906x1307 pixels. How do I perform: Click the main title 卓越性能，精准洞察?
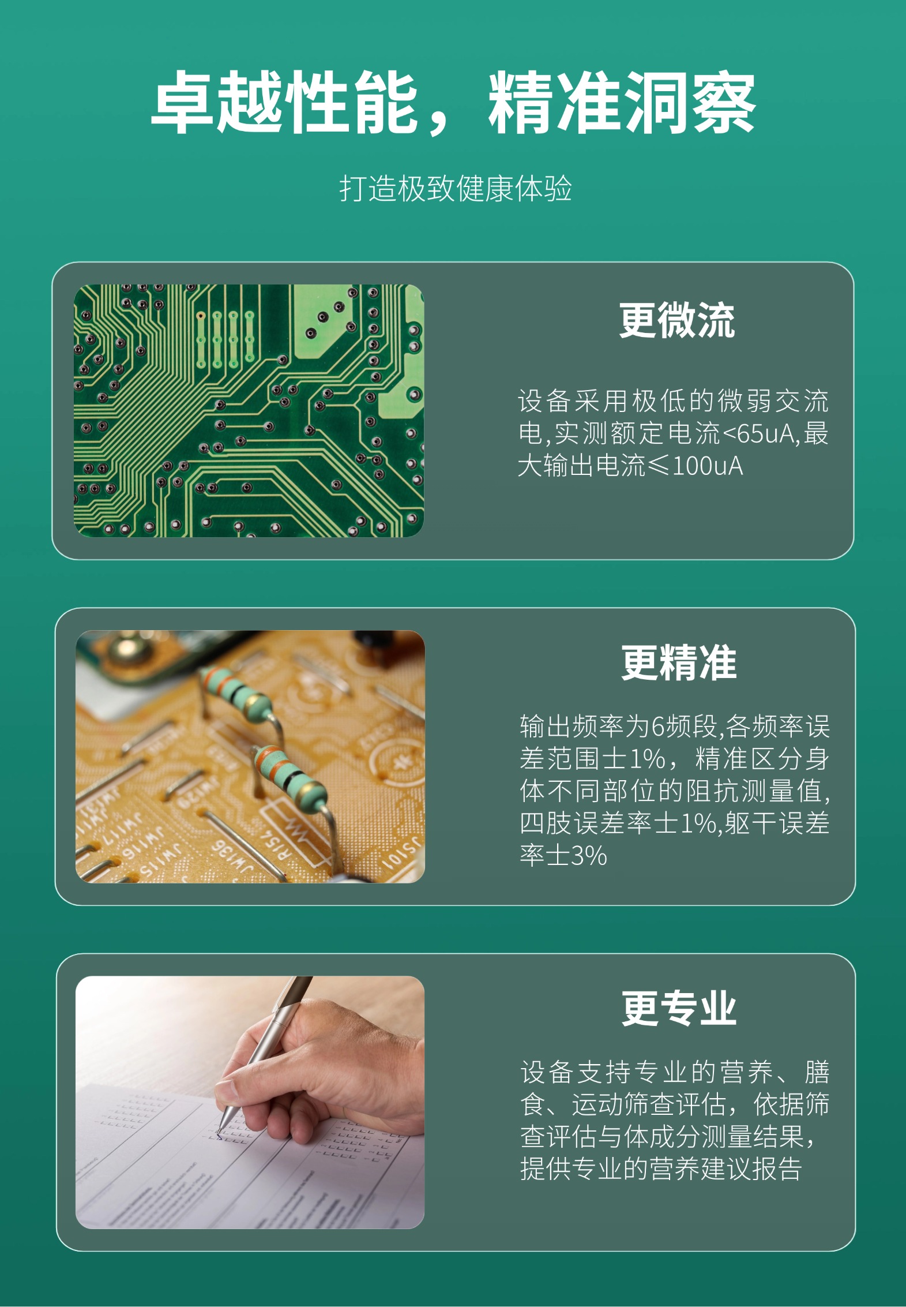pos(453,102)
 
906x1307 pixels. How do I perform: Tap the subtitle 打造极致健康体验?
pos(455,189)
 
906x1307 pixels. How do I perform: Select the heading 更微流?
pos(677,320)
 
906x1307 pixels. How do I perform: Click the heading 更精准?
pos(679,662)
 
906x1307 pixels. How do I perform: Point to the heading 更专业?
pos(679,1009)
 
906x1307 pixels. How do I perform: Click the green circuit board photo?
pos(249,410)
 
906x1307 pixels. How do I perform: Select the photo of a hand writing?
pos(250,1102)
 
